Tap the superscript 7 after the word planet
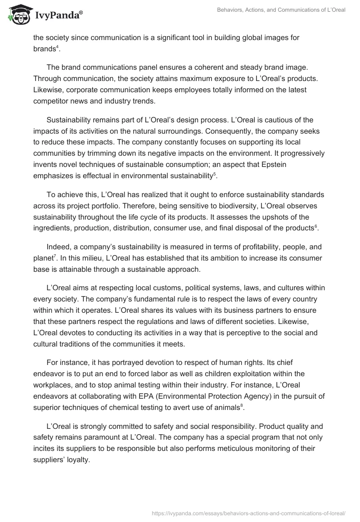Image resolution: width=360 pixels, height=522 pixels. coord(55,256)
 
